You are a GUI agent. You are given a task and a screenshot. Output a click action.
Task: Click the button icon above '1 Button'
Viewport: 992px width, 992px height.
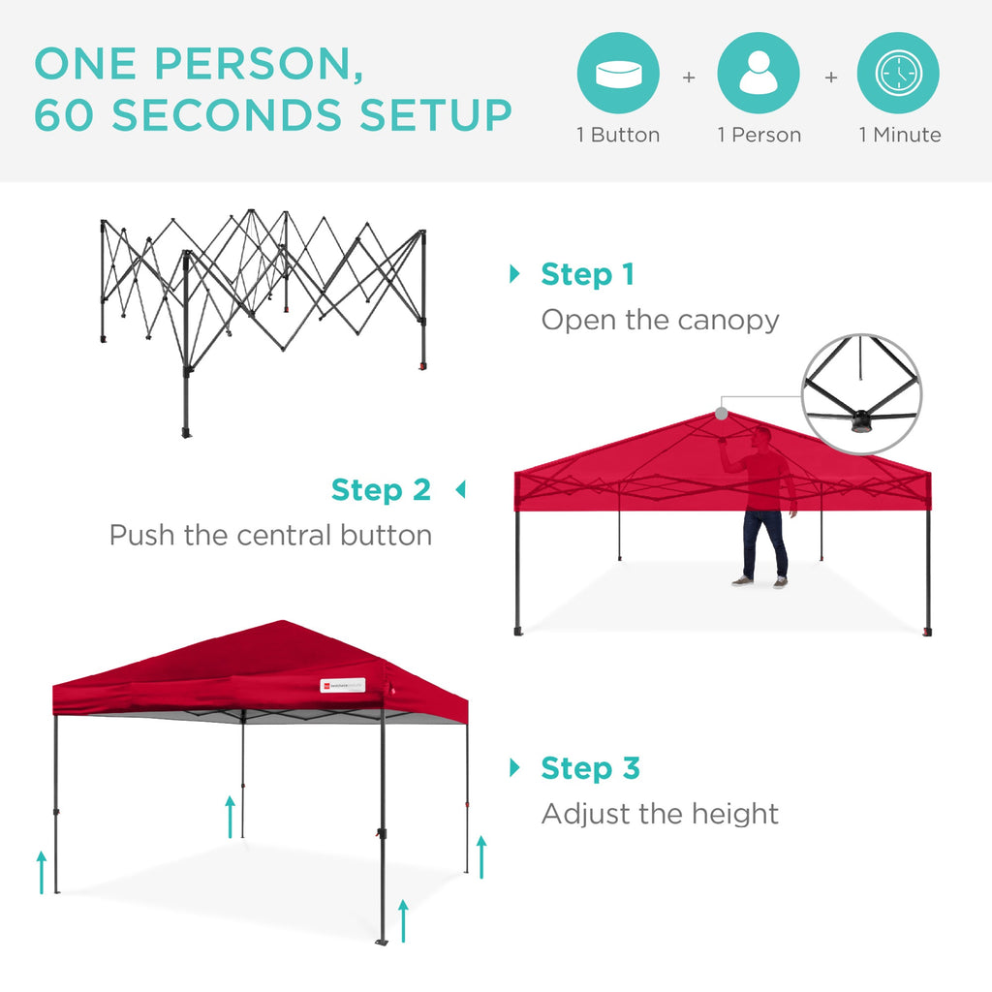point(618,74)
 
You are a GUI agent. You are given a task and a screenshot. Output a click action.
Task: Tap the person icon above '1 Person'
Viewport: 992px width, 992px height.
point(759,74)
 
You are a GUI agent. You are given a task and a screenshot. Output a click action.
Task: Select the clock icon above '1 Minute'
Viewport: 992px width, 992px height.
point(898,74)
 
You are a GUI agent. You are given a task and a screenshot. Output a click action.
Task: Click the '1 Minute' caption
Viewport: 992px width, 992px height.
point(899,136)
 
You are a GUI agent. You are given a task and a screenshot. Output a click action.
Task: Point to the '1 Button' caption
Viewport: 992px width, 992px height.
point(618,136)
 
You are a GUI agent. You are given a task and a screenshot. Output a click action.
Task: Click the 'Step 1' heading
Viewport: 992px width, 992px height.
point(587,275)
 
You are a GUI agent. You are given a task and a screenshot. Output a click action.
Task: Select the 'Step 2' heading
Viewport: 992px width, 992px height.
point(381,490)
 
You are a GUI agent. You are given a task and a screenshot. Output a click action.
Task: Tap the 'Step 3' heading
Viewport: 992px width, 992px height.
point(590,768)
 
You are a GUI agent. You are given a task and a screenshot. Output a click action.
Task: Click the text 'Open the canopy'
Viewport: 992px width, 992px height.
point(660,320)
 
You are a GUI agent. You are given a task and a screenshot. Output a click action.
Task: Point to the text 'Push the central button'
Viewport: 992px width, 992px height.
point(270,535)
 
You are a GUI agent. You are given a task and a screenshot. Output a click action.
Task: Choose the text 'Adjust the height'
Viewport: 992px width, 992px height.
point(660,814)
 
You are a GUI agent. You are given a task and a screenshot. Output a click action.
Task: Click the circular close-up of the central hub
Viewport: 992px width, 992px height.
point(861,393)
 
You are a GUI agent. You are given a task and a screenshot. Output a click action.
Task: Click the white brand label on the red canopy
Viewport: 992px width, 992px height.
point(343,686)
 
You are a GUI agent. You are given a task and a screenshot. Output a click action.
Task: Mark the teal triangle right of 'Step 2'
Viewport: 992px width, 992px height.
point(460,490)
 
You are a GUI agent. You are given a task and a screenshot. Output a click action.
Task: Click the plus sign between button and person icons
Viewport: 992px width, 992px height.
point(689,76)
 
